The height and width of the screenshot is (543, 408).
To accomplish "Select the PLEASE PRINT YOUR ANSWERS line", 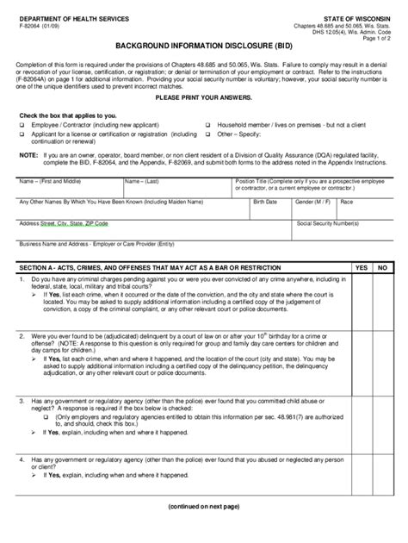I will [x=203, y=97].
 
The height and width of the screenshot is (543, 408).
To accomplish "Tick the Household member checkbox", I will [x=207, y=126].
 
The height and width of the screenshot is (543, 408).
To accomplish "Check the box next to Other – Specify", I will [x=207, y=134].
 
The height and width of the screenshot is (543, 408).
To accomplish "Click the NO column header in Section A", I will [x=384, y=268].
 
